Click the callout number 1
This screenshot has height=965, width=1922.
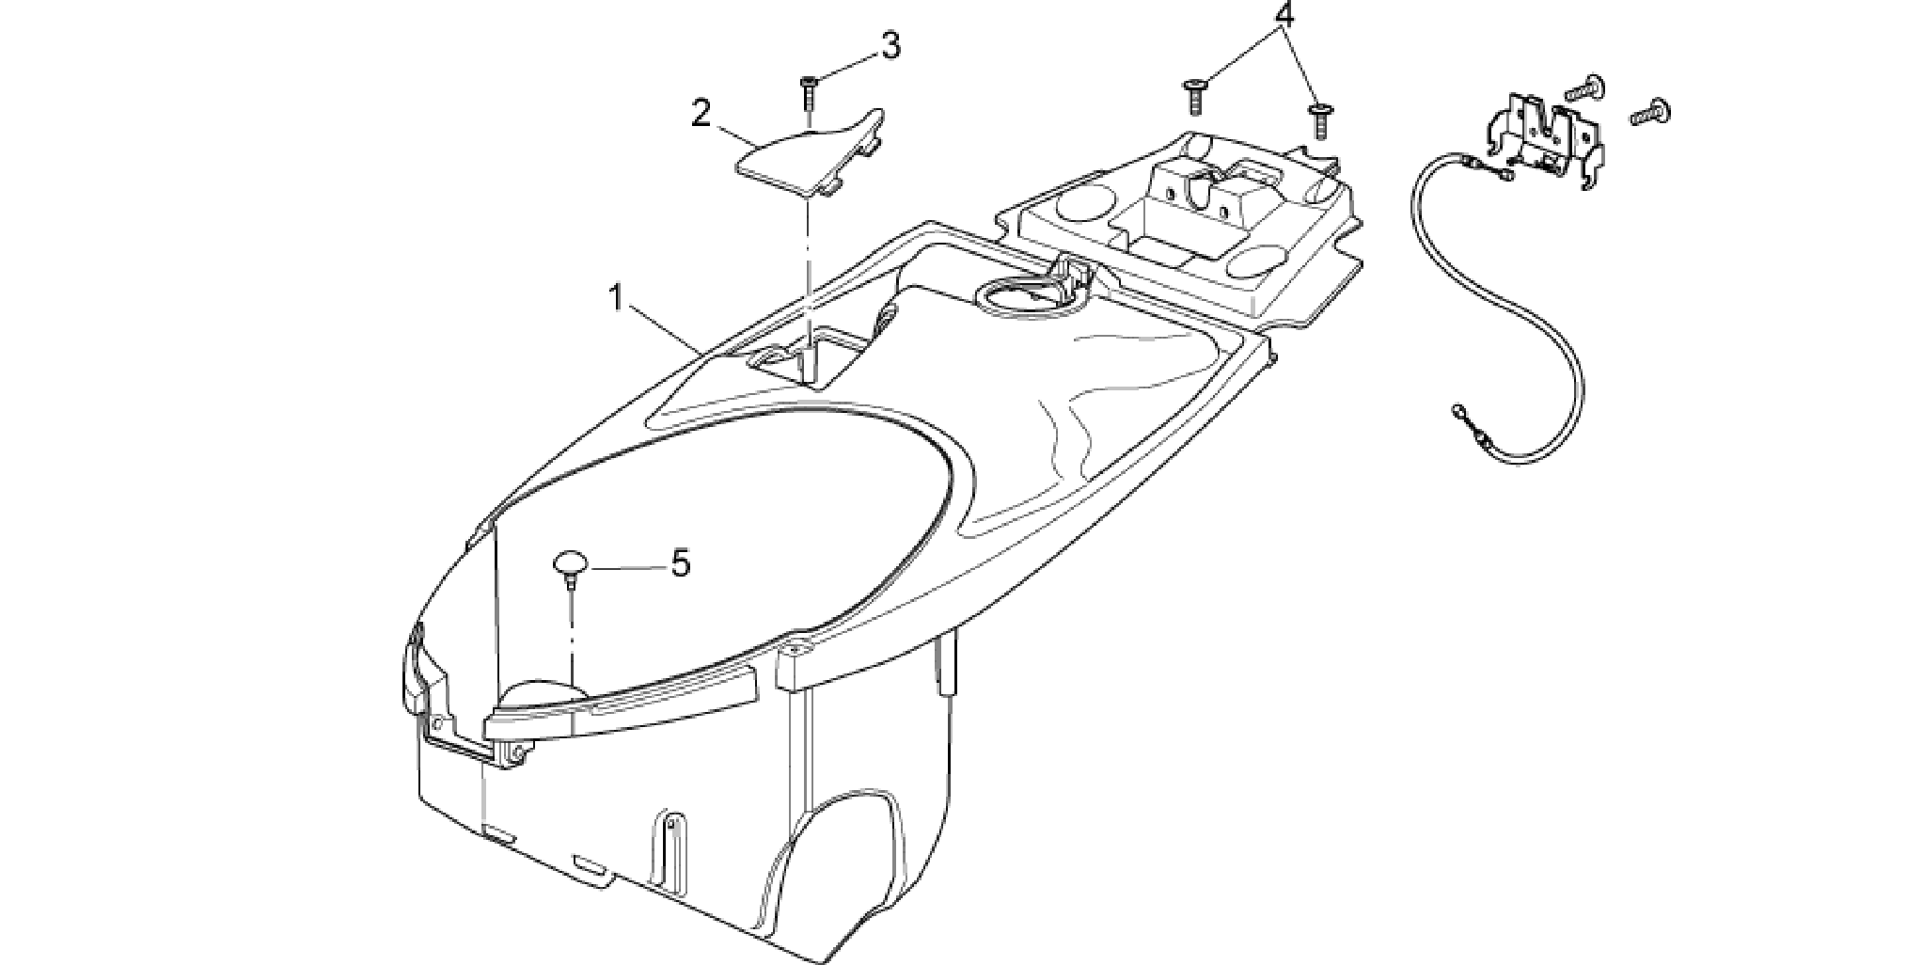pos(616,300)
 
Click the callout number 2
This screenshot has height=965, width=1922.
pos(701,114)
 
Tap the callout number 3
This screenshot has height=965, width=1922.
pos(890,45)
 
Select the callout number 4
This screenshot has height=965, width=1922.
pos(1284,15)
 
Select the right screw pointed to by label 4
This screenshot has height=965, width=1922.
pos(1316,119)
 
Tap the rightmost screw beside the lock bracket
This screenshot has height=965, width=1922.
pos(1651,114)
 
